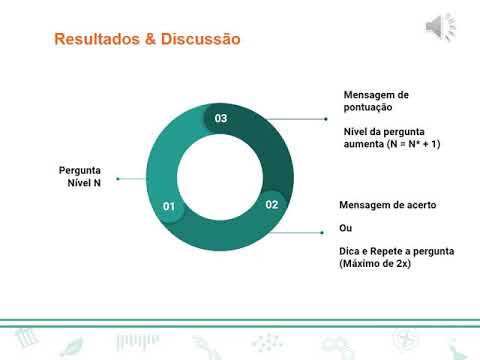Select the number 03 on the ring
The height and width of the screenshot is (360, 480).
pyautogui.click(x=221, y=118)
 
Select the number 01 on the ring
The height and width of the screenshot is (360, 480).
pyautogui.click(x=169, y=207)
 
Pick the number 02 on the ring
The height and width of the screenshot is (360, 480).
pyautogui.click(x=272, y=204)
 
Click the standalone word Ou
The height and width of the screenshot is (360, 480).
pyautogui.click(x=346, y=228)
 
